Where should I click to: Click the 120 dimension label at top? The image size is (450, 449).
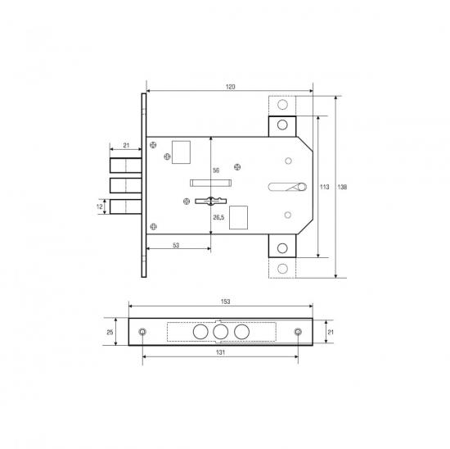tap(230, 87)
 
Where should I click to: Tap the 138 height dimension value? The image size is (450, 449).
tap(342, 187)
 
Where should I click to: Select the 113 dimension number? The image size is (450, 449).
tap(324, 187)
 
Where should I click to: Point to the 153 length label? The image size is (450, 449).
tap(225, 302)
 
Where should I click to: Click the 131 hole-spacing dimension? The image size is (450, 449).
tap(220, 352)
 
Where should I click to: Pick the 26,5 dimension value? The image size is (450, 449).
tap(218, 217)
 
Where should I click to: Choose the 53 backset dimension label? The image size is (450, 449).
tap(176, 245)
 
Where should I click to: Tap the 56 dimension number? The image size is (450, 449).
tap(216, 170)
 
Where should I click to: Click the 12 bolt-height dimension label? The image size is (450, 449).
tap(99, 206)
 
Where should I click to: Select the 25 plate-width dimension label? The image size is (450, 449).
tap(110, 333)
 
